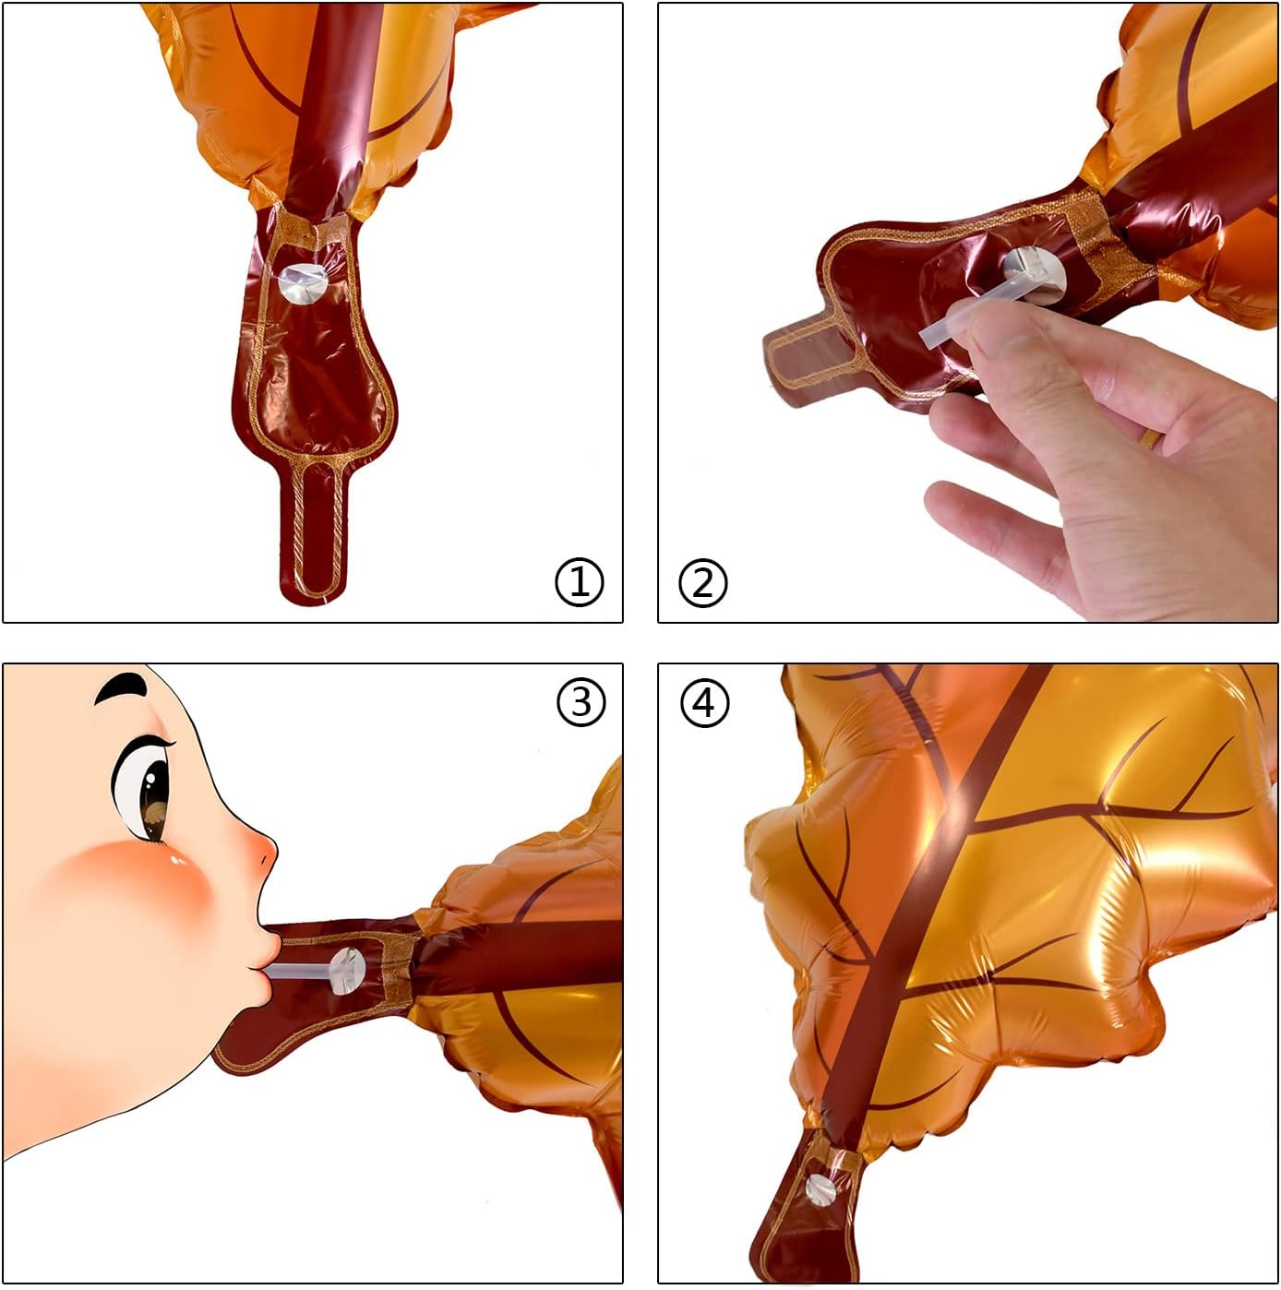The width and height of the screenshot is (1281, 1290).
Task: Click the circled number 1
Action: tap(580, 582)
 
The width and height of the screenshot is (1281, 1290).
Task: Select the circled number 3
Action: tap(581, 702)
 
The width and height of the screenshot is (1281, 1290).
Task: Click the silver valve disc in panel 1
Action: tap(303, 284)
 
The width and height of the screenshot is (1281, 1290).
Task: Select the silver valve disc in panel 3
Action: tap(347, 971)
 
